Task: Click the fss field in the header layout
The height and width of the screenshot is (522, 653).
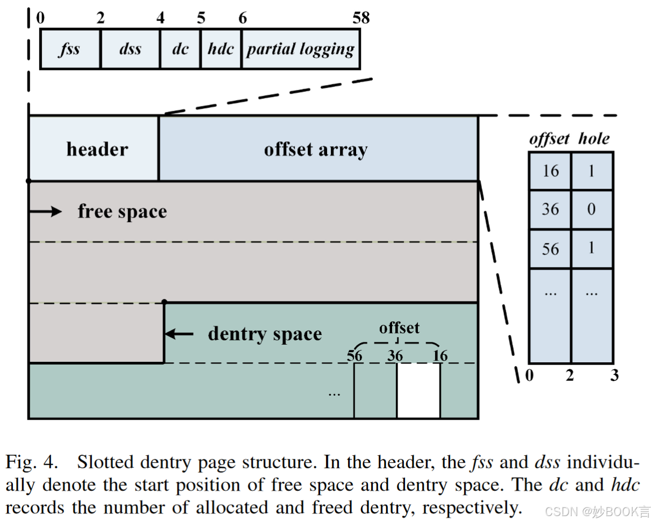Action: (x=70, y=49)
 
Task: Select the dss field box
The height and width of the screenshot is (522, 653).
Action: (x=130, y=49)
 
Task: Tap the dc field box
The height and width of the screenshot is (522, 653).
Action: (x=180, y=49)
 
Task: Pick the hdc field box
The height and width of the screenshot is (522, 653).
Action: (x=221, y=49)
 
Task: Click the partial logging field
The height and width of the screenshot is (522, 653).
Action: (x=301, y=49)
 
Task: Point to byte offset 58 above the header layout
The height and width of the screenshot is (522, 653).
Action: (x=361, y=18)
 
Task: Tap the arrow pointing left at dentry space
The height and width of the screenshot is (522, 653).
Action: (x=179, y=334)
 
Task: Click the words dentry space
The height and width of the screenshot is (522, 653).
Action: (x=265, y=334)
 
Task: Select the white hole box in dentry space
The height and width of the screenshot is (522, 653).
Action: (x=418, y=391)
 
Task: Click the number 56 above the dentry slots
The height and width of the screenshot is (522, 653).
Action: (x=354, y=355)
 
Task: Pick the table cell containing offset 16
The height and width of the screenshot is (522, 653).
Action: (x=550, y=171)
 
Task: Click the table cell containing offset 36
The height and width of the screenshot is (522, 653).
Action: (x=550, y=210)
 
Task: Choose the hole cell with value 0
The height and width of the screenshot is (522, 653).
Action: (x=592, y=210)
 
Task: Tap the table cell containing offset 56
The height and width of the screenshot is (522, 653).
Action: (x=550, y=249)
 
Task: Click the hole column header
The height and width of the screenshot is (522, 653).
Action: (x=594, y=139)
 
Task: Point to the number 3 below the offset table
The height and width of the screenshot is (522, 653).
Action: (x=614, y=376)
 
